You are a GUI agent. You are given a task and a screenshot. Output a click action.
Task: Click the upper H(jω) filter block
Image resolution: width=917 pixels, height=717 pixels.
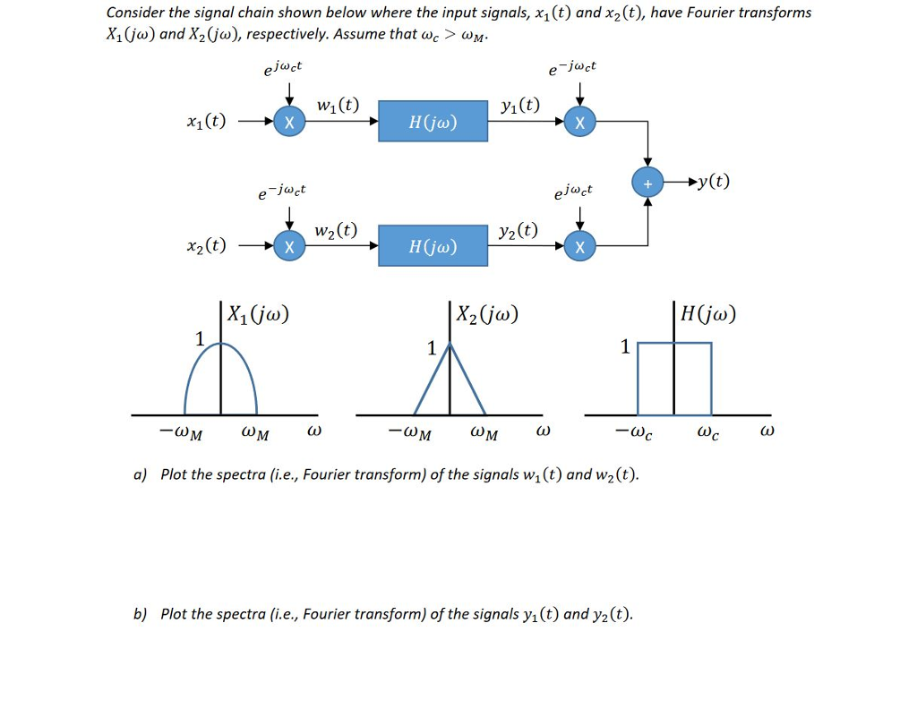(x=433, y=122)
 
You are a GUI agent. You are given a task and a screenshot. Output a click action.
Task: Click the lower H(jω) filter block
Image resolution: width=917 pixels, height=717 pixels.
(x=433, y=246)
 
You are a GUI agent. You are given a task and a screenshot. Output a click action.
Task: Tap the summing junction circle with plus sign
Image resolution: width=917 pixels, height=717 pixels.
(x=647, y=183)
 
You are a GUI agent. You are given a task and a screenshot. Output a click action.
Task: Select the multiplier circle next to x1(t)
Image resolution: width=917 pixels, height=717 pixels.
(x=288, y=123)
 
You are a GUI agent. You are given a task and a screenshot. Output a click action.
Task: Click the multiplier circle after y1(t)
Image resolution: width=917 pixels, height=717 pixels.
(x=580, y=123)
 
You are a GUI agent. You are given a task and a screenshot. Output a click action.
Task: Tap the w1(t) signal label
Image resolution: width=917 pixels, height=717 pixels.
(x=338, y=106)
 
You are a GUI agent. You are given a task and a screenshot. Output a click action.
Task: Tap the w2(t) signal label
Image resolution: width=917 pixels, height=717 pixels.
(x=336, y=230)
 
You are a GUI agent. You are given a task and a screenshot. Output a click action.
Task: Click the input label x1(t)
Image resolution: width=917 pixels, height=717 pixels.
(x=205, y=123)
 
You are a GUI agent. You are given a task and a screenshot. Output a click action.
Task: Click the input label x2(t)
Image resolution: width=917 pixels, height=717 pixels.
(x=205, y=246)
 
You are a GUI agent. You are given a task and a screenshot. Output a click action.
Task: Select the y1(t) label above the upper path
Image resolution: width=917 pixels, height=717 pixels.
(x=520, y=106)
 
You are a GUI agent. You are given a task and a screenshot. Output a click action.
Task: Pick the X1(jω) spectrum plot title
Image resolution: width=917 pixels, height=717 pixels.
(x=258, y=314)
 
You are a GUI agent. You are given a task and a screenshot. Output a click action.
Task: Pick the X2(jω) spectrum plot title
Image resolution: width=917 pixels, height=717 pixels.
(x=487, y=314)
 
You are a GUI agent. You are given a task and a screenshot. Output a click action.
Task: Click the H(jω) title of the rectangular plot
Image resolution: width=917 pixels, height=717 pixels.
(x=708, y=314)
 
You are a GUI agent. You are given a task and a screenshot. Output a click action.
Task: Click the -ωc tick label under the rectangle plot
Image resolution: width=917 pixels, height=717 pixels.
(x=633, y=433)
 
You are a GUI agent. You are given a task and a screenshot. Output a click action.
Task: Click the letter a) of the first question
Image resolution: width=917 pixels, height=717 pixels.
(x=140, y=474)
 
